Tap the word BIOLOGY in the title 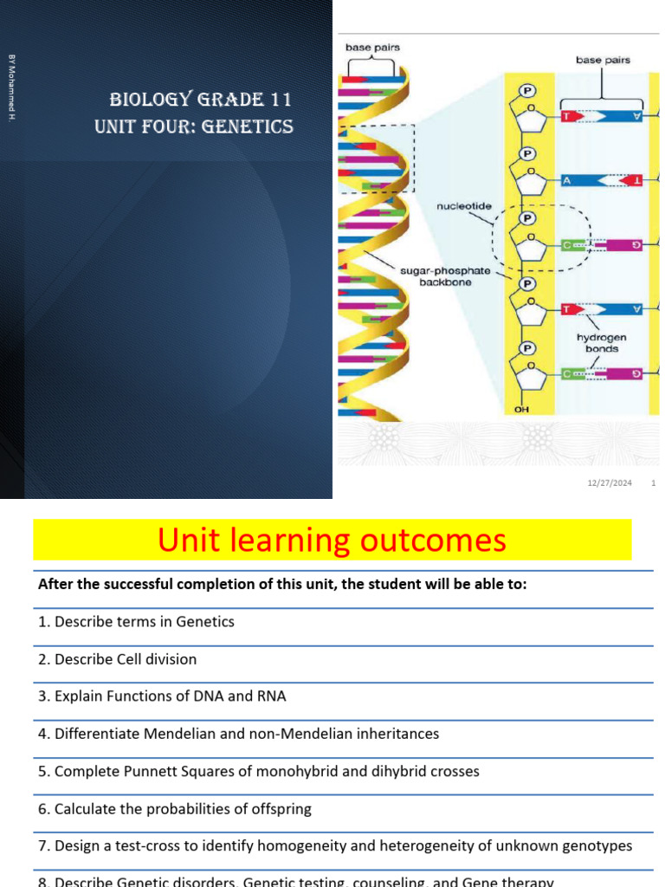142,100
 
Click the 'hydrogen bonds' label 601,343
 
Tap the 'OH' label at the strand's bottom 522,410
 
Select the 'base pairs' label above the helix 372,48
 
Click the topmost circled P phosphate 525,89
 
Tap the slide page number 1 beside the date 653,482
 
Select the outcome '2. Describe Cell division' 117,659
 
